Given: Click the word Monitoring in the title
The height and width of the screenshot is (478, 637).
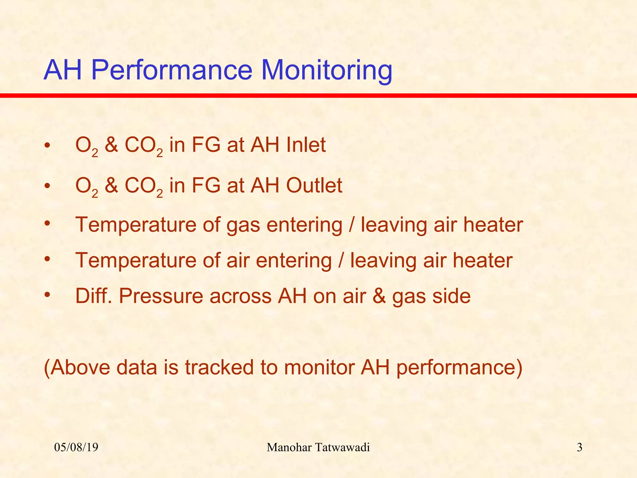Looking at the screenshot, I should (327, 70).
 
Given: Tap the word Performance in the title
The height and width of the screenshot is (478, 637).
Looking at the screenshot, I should (171, 70).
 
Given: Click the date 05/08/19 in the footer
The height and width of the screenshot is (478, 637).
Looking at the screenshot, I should (76, 448).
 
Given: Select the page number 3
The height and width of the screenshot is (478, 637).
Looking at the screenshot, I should (579, 448).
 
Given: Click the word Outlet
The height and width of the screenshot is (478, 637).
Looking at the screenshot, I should (314, 185).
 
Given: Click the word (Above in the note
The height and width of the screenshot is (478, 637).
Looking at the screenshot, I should (77, 367).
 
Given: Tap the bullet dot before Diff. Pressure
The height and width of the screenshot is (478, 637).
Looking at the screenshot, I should (47, 295).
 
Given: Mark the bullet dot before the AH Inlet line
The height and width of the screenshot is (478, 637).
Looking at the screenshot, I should (47, 145).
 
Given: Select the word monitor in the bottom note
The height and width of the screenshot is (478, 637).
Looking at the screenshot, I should (319, 367).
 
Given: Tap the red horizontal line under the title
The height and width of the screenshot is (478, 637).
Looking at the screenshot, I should (318, 96).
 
